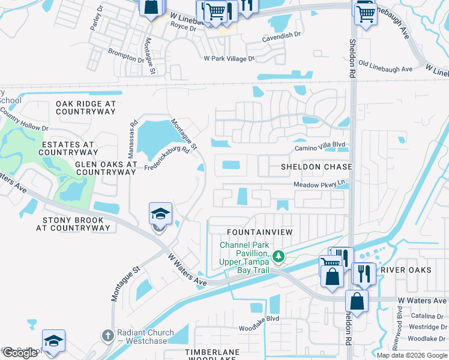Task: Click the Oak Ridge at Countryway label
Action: pyautogui.click(x=85, y=107)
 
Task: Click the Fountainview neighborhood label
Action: pyautogui.click(x=259, y=232)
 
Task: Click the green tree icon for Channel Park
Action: pyautogui.click(x=278, y=257)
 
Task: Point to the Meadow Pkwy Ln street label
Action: pyautogui.click(x=320, y=185)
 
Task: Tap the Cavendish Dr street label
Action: pyautogui.click(x=282, y=36)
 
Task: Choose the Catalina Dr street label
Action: pyautogui.click(x=427, y=316)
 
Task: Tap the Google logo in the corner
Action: pyautogui.click(x=20, y=353)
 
